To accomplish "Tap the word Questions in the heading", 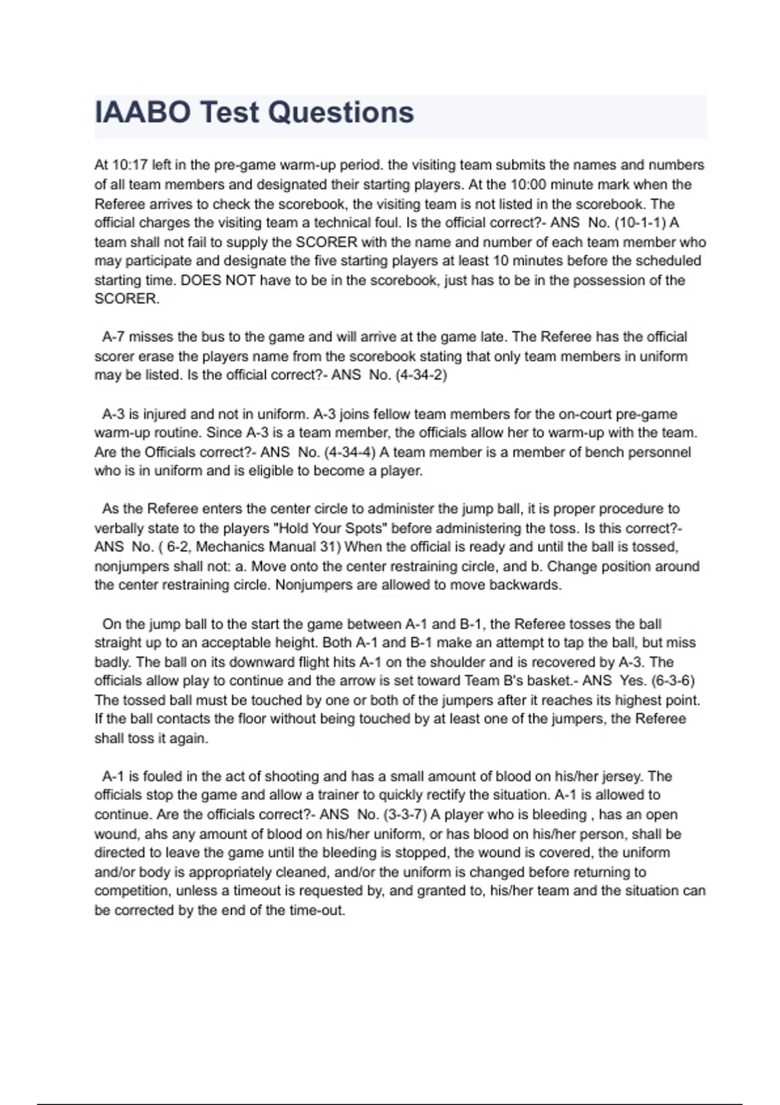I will pyautogui.click(x=341, y=112).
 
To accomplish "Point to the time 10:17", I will pyautogui.click(x=131, y=165).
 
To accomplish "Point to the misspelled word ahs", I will pyautogui.click(x=157, y=834).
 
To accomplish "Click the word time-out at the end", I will pyautogui.click(x=317, y=910).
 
